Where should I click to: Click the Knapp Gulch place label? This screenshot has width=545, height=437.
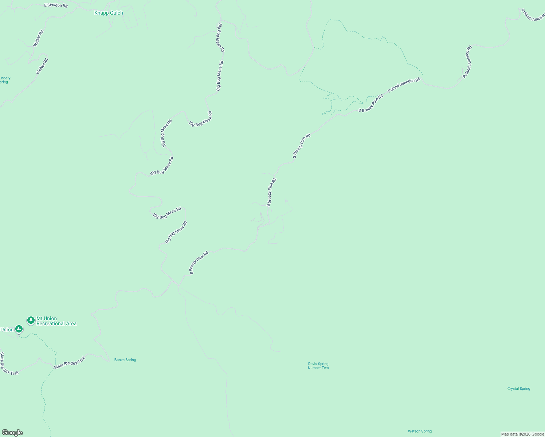[x=109, y=13]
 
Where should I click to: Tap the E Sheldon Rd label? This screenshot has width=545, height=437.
[x=56, y=5]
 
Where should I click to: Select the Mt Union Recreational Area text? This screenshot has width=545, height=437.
[x=56, y=321]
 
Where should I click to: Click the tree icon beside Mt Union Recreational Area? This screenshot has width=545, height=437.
[x=31, y=320]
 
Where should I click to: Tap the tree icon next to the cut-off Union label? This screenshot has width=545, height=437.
[x=19, y=329]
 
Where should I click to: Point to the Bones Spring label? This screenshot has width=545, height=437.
[x=125, y=360]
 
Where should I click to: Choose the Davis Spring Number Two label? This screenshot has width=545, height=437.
[x=318, y=366]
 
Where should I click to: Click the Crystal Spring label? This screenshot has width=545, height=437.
[x=518, y=389]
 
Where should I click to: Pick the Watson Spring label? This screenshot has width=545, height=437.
[x=420, y=431]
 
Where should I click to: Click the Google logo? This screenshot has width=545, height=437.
[x=12, y=433]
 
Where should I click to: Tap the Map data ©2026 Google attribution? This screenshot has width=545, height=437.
[x=522, y=434]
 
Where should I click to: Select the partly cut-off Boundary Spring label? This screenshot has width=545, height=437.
[x=5, y=80]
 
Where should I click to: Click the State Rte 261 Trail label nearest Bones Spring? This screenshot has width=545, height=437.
[x=69, y=363]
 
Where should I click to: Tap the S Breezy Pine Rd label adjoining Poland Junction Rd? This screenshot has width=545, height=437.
[x=371, y=103]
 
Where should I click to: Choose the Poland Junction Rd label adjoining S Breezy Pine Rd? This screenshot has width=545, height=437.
[x=404, y=85]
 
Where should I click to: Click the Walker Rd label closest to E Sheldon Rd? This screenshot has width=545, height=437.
[x=38, y=38]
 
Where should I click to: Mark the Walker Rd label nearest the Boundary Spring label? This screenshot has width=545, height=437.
[x=42, y=66]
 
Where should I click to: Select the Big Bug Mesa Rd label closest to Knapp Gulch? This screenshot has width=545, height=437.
[x=221, y=38]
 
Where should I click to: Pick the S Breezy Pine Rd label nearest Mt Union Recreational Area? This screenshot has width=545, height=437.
[x=198, y=263]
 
